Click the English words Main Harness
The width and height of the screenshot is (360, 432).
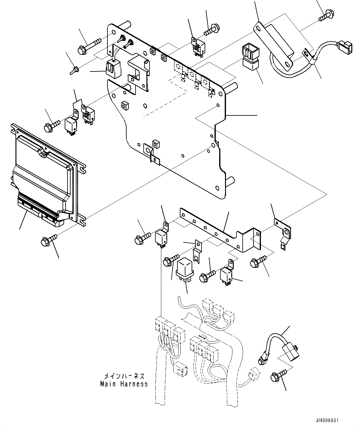click(x=124, y=384)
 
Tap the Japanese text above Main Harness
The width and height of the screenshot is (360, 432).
click(x=124, y=376)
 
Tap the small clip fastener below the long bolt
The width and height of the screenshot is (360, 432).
click(x=74, y=70)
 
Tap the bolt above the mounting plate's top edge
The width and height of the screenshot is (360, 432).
click(x=212, y=30)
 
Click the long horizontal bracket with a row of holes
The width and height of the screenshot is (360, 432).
click(x=220, y=230)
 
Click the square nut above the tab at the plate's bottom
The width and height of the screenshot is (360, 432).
click(x=156, y=144)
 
